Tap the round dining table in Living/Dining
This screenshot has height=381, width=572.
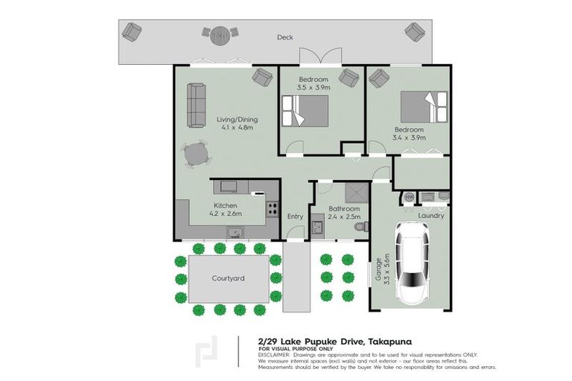[x=197, y=154]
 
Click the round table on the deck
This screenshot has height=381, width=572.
[x=220, y=35]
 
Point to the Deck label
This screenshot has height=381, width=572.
[x=284, y=37]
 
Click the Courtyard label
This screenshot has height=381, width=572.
[x=229, y=278]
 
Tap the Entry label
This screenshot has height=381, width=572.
[x=296, y=217]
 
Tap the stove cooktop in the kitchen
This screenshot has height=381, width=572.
[x=273, y=208]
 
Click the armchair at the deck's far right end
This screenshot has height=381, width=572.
[x=413, y=31]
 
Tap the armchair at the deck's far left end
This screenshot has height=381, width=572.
[x=132, y=31]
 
